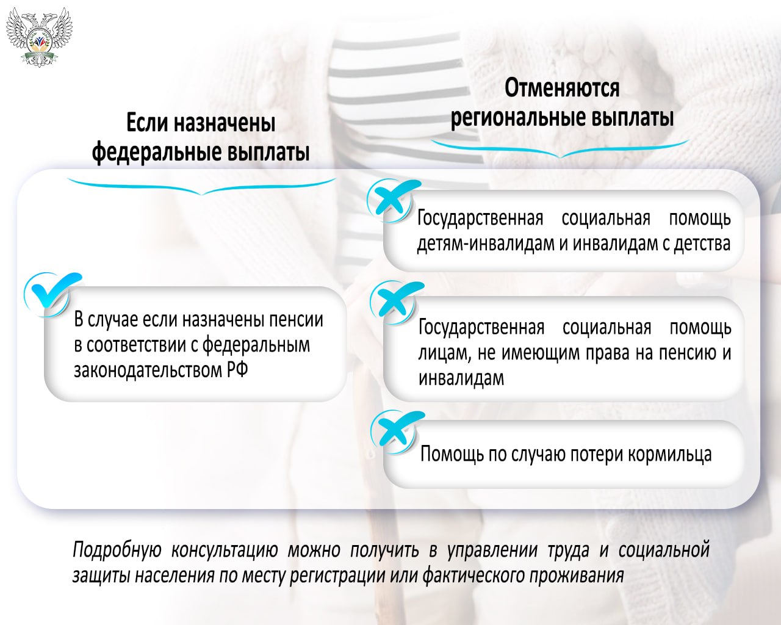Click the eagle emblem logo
click(39, 35)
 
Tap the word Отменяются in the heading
click(561, 89)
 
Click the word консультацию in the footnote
click(224, 550)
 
